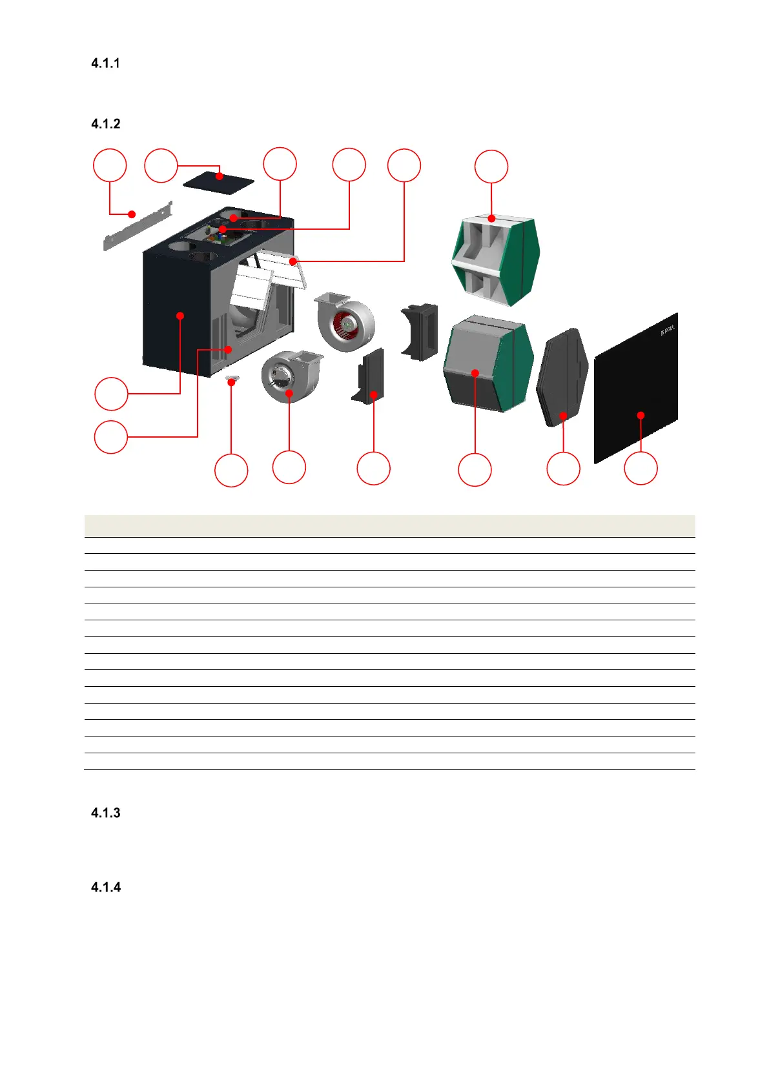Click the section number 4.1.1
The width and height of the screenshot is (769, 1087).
pos(105,63)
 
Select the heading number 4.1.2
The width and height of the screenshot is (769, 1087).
pos(105,124)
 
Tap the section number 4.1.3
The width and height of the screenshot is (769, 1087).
pos(105,813)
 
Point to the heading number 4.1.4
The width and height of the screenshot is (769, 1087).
pos(105,887)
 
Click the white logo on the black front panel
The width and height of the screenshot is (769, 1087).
pos(667,332)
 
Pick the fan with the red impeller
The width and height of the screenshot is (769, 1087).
pos(345,321)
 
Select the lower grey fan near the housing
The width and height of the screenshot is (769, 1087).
pos(290,376)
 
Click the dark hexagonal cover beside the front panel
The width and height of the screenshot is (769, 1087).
pos(562,377)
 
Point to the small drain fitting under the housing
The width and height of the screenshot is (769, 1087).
pos(232,381)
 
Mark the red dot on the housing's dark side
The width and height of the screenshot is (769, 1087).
pos(181,316)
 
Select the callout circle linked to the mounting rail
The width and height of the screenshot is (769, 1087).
pos(110,166)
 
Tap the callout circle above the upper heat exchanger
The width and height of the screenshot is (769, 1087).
pos(491,167)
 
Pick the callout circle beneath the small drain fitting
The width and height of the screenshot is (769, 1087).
pos(231,470)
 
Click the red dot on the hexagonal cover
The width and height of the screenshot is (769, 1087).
pos(564,416)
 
